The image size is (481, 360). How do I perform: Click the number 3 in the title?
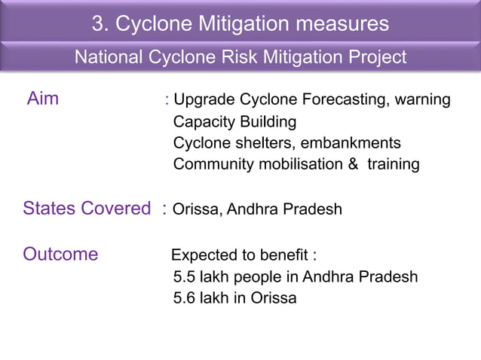(x=98, y=24)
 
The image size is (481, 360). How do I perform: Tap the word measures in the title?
(x=342, y=24)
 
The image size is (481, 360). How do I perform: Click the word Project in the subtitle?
(x=375, y=57)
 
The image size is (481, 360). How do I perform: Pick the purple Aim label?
(x=43, y=99)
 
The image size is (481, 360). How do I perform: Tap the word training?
(x=393, y=164)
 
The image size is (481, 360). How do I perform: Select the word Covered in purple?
(x=118, y=209)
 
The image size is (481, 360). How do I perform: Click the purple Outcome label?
(x=60, y=254)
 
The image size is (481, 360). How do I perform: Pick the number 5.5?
(x=185, y=276)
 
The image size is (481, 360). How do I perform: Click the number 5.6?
(x=185, y=298)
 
